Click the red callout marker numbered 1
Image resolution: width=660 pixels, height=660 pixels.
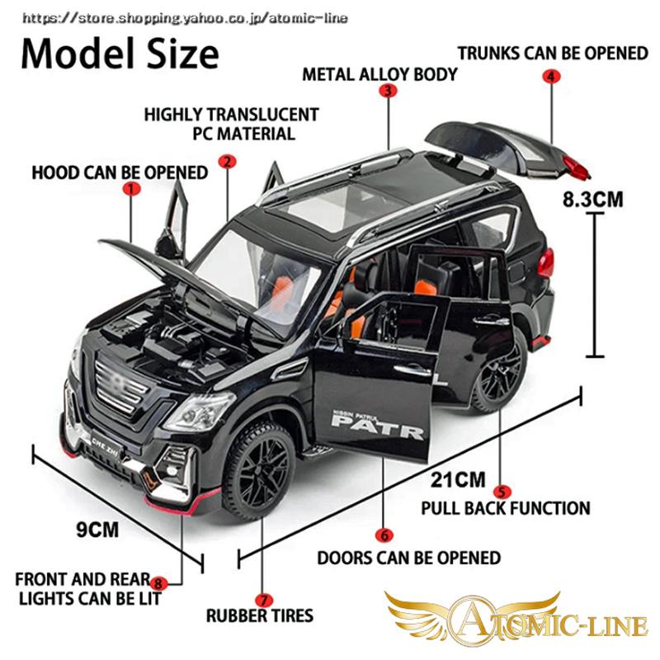130,189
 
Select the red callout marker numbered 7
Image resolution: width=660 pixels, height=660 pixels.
262,600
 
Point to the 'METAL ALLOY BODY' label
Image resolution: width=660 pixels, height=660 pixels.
379,74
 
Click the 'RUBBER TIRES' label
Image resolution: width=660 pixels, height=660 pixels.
260,615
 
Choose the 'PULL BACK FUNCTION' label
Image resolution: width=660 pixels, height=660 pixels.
506,508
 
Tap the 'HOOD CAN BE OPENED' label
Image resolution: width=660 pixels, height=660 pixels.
120,172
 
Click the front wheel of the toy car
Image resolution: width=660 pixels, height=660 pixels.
263,467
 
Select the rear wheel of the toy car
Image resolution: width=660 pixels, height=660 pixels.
499,376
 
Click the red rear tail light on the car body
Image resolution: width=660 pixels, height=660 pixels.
546,264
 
